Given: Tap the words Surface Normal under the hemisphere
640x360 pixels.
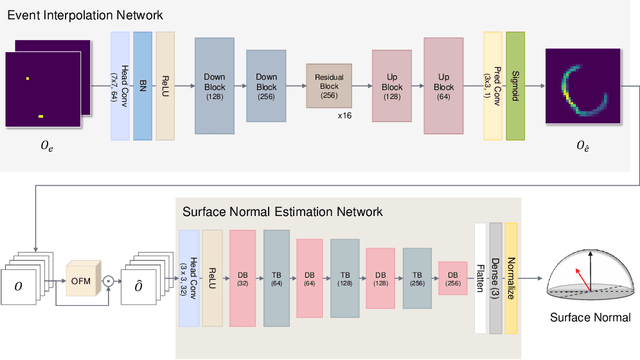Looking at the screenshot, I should [x=590, y=319].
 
